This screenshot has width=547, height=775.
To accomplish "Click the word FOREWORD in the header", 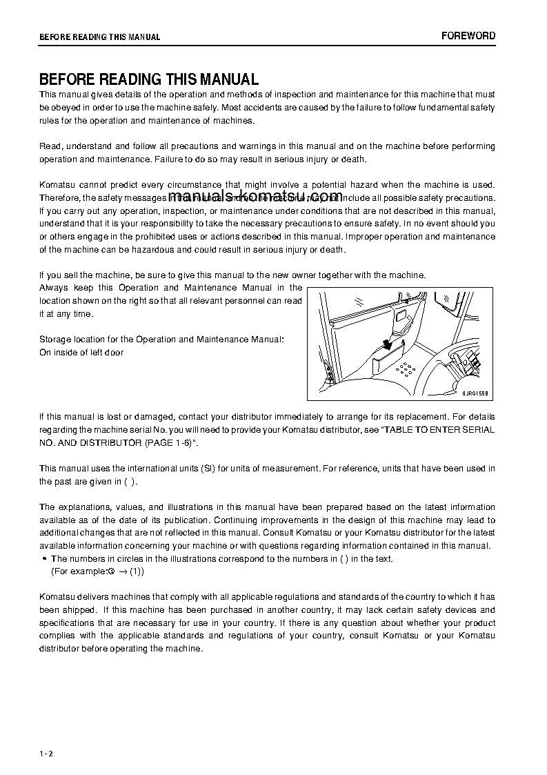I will tap(468, 36).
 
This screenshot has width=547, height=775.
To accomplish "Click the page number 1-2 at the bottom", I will tap(46, 753).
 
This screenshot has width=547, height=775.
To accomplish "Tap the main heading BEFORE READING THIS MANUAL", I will tap(148, 79).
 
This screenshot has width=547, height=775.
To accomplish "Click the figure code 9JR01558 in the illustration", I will tap(475, 392).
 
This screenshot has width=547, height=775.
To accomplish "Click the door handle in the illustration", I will tap(404, 320).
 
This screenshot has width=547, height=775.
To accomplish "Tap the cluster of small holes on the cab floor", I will tap(408, 368).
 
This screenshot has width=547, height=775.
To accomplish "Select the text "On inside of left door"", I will tap(81, 353).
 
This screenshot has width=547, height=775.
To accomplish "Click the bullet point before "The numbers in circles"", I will tap(44, 559).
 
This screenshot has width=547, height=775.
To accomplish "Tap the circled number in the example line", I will tap(110, 572).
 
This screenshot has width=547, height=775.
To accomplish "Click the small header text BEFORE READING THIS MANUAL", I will tap(99, 37).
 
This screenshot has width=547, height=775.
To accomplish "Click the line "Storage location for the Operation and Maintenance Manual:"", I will tap(161, 340).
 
